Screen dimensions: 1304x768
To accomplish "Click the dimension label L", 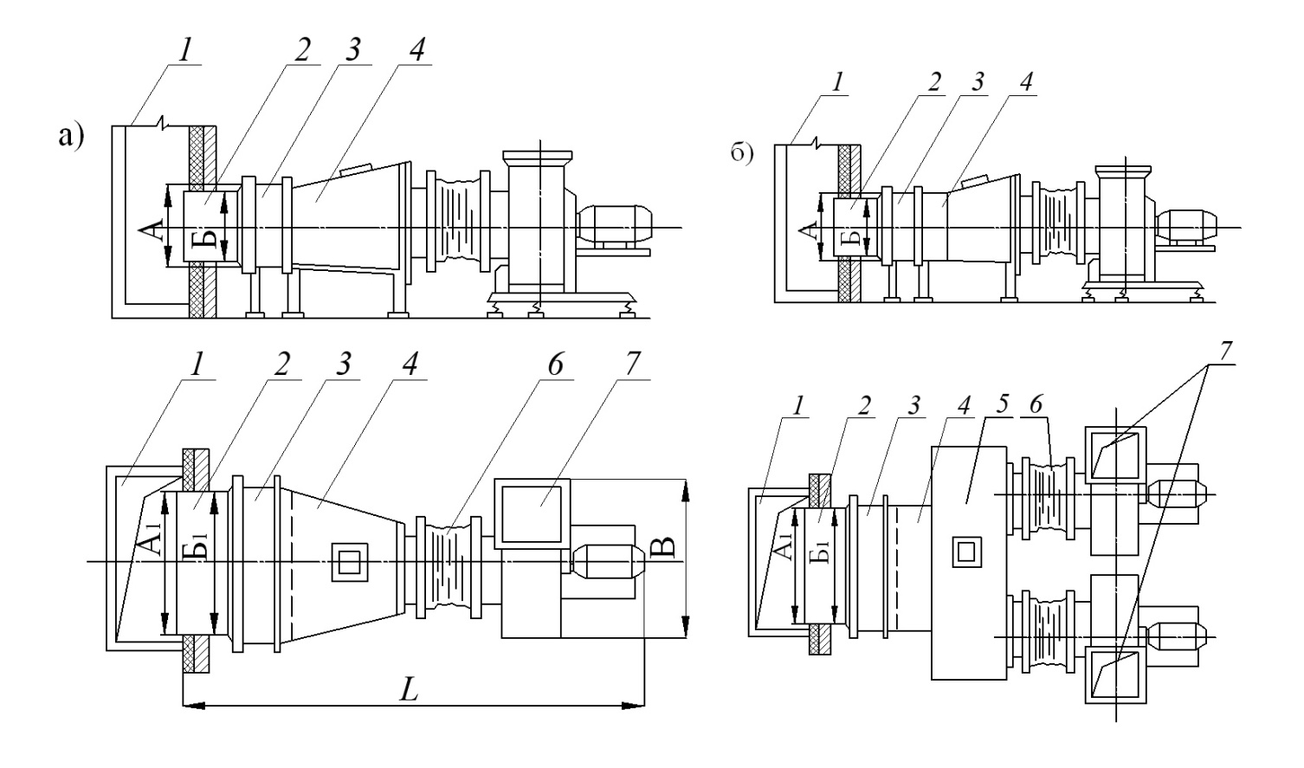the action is [409, 690].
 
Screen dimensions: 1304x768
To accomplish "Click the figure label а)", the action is [71, 137].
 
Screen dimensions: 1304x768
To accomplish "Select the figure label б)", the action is [742, 154].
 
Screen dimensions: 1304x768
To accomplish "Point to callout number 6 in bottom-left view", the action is [555, 365].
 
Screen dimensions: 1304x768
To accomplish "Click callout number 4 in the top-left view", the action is [416, 48].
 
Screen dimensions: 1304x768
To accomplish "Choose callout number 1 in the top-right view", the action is [837, 82].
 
